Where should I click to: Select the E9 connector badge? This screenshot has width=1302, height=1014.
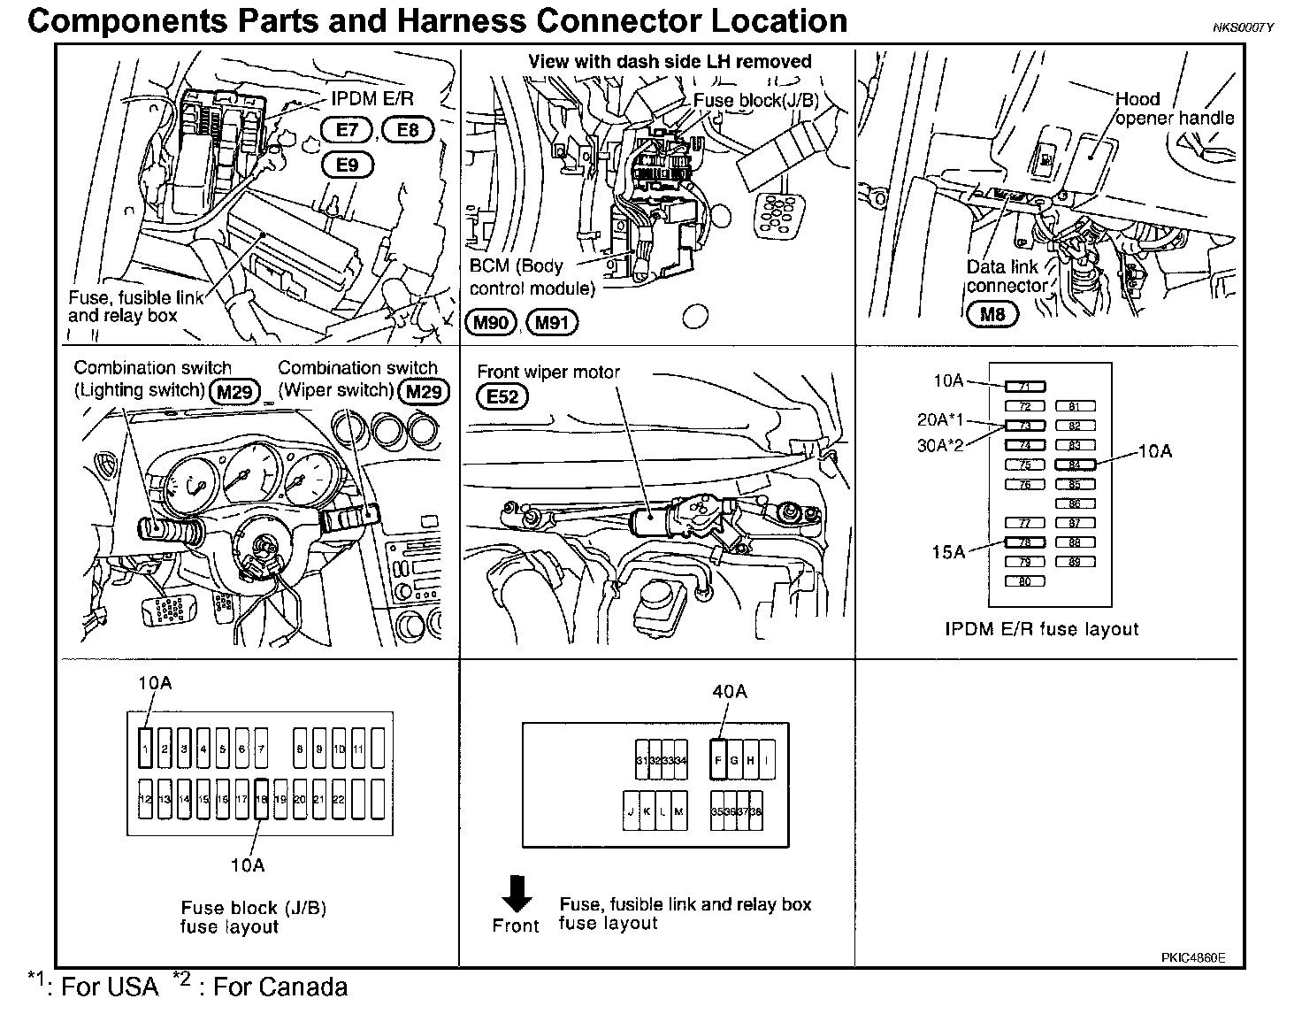[x=348, y=165]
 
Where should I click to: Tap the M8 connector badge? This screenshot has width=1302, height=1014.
[x=992, y=313]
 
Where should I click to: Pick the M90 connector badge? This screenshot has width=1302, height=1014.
[x=490, y=322]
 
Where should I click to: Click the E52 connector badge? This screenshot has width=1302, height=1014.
[x=502, y=396]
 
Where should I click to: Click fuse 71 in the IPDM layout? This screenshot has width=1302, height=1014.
[x=1025, y=387]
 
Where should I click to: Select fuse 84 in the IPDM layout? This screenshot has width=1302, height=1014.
[x=1075, y=465]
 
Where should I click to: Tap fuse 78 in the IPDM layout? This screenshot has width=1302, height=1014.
[x=1025, y=542]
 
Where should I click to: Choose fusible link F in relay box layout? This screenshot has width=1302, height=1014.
[x=718, y=759]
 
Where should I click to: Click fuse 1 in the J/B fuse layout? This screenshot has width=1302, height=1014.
[x=145, y=749]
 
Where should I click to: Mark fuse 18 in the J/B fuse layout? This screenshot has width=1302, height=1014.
[x=261, y=799]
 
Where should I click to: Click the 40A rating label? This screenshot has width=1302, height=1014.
[x=729, y=692]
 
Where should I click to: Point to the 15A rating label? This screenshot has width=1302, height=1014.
[x=947, y=552]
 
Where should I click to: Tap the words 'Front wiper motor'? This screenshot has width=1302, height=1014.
[x=548, y=372]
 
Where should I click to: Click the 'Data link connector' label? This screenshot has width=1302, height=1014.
[x=1006, y=276]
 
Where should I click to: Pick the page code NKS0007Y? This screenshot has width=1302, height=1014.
[x=1243, y=27]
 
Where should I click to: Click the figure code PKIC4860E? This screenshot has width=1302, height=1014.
[x=1194, y=957]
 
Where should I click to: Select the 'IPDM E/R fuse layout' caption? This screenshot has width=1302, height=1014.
[x=1041, y=629]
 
